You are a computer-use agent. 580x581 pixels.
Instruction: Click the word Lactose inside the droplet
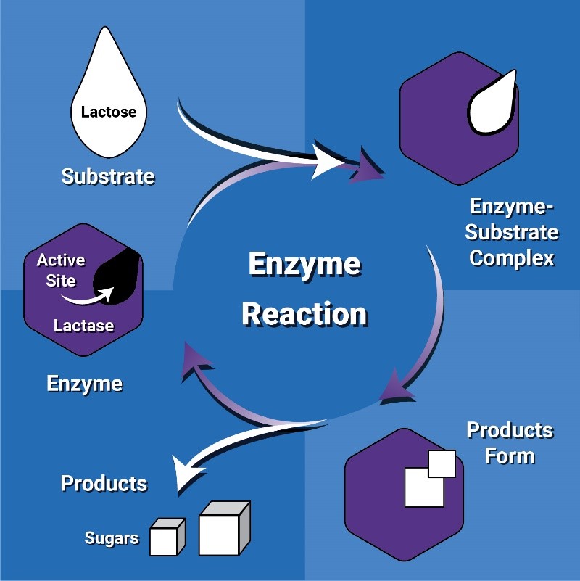point(109,112)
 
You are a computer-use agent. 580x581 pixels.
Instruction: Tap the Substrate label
point(107,176)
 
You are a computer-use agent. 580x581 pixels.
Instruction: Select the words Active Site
point(61,270)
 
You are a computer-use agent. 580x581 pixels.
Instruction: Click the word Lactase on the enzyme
point(83,326)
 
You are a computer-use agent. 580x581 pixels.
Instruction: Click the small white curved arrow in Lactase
point(87,296)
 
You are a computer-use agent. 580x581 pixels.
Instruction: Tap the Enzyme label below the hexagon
point(84,384)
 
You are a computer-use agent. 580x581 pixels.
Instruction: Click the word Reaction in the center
point(304,314)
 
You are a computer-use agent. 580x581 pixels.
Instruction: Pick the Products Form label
point(509,442)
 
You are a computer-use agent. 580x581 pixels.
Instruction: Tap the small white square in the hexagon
point(442,463)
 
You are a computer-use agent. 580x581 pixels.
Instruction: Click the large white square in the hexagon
point(423,487)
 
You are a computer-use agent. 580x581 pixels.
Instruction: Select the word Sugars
point(111,538)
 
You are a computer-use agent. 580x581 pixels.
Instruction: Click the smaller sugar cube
point(165,538)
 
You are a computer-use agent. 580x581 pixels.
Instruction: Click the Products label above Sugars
point(104,484)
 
